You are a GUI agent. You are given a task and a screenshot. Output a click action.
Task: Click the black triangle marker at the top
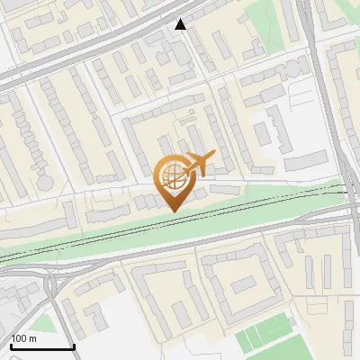[181, 24]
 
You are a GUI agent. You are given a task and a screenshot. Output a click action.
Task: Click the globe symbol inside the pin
[173, 175]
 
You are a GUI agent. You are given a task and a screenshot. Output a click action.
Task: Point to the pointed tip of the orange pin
[173, 210]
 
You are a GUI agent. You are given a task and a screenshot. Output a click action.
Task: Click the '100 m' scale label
[24, 338]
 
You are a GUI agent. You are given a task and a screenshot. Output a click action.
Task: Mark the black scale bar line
[42, 346]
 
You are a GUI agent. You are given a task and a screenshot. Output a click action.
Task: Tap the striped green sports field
[266, 337]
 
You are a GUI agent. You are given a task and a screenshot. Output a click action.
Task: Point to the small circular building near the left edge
[44, 182]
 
